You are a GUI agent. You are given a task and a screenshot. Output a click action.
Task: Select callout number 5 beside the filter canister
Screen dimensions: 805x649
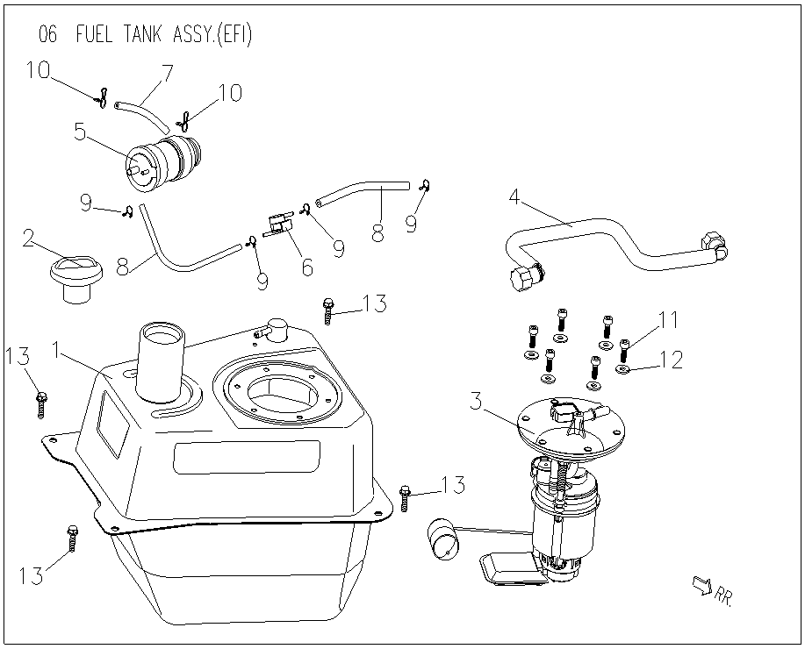(80, 132)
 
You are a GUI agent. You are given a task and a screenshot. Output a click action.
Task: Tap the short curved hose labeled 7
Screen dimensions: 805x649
(142, 117)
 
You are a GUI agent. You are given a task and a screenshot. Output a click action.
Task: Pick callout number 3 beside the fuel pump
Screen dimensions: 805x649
(477, 401)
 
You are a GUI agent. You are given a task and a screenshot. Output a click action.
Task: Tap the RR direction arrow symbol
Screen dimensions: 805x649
(701, 585)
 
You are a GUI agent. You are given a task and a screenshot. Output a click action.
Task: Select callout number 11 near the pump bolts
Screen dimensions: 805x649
(668, 319)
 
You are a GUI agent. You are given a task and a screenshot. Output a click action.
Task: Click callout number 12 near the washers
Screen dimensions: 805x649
(671, 360)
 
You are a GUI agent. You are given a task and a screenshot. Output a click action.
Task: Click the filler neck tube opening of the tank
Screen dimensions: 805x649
(162, 336)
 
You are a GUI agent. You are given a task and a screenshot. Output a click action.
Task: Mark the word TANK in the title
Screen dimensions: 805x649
(143, 35)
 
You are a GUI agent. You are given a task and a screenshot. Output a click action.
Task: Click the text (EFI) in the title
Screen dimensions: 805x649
(234, 35)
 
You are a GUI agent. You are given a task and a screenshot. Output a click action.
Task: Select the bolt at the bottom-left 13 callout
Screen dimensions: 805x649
(72, 538)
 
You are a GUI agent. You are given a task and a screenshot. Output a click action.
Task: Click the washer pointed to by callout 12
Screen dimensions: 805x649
(622, 369)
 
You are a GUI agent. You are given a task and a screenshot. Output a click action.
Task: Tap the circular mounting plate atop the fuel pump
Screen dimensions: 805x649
(572, 424)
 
